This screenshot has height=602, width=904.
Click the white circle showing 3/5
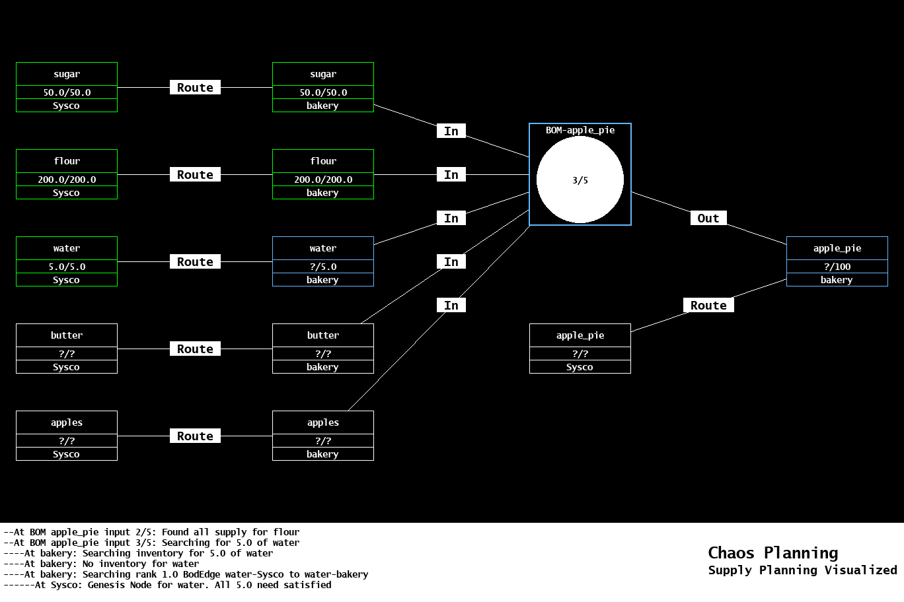(580, 180)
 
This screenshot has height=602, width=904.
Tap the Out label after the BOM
(708, 218)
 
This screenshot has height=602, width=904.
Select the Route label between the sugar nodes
(195, 88)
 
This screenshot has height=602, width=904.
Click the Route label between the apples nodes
(195, 436)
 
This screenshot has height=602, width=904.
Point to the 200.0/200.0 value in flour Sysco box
(67, 180)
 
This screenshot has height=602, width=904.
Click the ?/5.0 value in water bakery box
(323, 267)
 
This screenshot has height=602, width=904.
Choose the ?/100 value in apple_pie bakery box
(837, 267)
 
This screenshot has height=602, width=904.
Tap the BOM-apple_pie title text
(580, 130)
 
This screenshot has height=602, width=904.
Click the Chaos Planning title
(772, 552)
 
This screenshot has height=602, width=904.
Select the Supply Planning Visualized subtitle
(802, 570)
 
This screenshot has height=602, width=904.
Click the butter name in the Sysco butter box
(67, 335)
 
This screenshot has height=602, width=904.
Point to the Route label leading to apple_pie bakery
(708, 306)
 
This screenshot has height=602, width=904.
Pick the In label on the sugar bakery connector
(451, 131)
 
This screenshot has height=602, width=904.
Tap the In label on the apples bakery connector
(451, 306)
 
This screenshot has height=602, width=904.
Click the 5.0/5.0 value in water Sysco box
(67, 267)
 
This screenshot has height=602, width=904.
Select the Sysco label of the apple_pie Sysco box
(580, 367)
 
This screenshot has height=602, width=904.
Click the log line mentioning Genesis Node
(167, 585)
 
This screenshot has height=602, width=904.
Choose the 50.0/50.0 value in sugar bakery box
(323, 92)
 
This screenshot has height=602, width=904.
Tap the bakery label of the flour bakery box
(322, 193)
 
